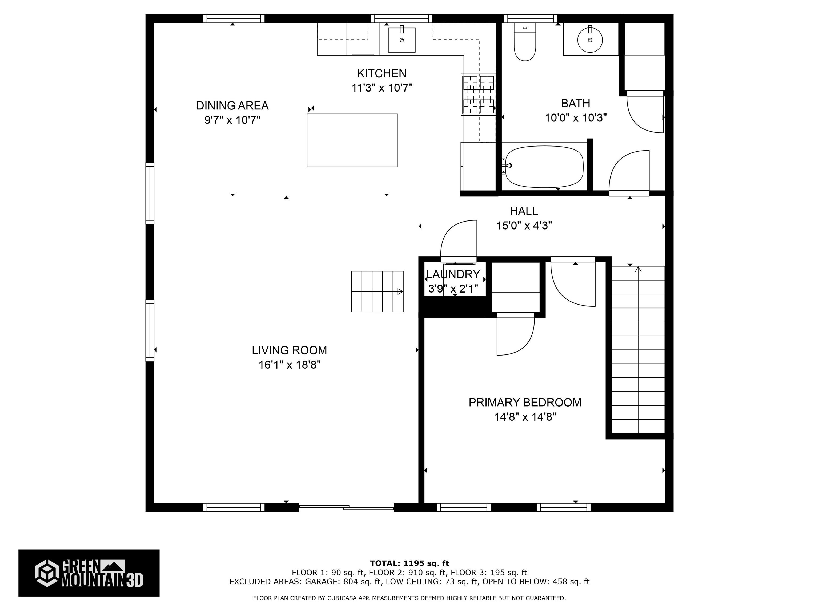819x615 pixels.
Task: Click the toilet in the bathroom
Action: (x=525, y=42)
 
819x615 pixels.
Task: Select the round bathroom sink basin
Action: (x=590, y=40)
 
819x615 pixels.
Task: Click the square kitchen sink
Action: (x=402, y=40)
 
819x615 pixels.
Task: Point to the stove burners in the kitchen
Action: (x=478, y=94)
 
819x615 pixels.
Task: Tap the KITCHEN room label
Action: (x=382, y=73)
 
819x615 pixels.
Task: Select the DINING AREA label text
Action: (x=232, y=106)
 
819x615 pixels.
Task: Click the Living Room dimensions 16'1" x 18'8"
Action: (x=290, y=365)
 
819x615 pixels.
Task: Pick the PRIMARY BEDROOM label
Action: (x=525, y=402)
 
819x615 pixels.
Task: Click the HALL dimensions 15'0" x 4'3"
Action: (x=524, y=225)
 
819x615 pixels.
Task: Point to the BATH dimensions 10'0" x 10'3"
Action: (x=576, y=118)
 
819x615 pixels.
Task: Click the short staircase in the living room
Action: (x=377, y=291)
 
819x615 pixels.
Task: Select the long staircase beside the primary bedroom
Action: (x=638, y=350)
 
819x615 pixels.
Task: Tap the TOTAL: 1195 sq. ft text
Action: (x=409, y=563)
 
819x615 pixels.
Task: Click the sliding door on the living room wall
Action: (x=346, y=508)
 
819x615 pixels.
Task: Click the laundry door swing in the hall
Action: (x=458, y=239)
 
